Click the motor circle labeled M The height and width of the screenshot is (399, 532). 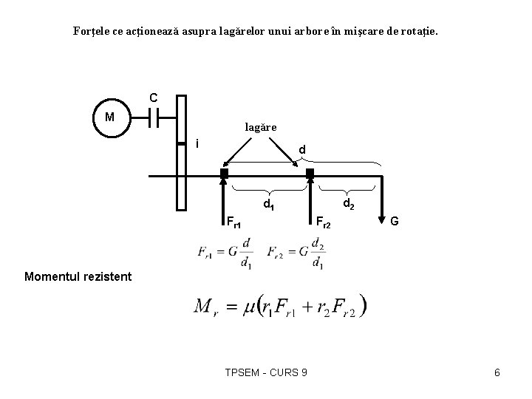click(109, 117)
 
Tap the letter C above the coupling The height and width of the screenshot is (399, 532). click(153, 98)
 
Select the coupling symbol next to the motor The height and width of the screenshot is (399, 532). click(153, 117)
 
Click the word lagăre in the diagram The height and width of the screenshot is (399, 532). click(261, 127)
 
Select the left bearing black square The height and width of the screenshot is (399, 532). click(224, 173)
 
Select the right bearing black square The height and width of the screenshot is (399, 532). click(310, 173)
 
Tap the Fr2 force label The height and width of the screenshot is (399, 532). click(324, 220)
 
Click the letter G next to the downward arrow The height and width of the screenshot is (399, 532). click(395, 220)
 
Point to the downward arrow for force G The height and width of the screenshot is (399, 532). click(381, 199)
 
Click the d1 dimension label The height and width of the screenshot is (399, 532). click(270, 202)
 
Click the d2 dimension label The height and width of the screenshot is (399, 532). click(348, 201)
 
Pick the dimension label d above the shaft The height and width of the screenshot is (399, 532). click(301, 151)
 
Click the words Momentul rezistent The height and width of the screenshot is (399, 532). click(68, 277)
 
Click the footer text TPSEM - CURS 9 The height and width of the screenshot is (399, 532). click(266, 372)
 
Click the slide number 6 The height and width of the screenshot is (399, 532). click(497, 372)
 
